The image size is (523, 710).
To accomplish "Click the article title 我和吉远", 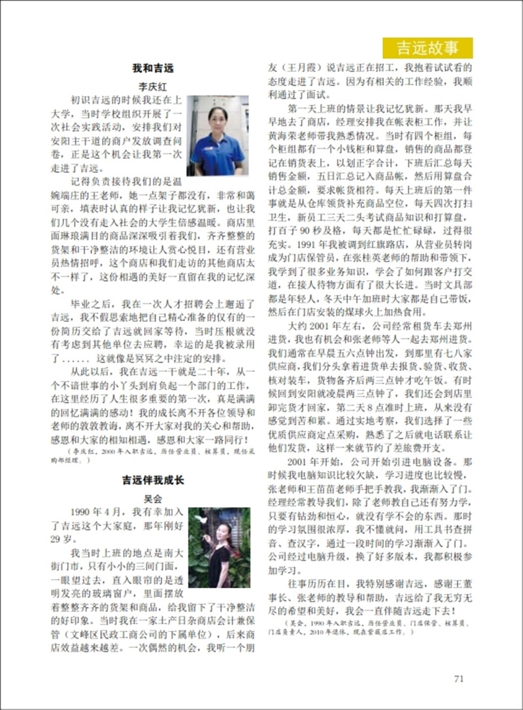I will (152, 68).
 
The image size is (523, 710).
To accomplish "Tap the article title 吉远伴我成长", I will (153, 480).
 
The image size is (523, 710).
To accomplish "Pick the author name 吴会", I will (152, 498).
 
